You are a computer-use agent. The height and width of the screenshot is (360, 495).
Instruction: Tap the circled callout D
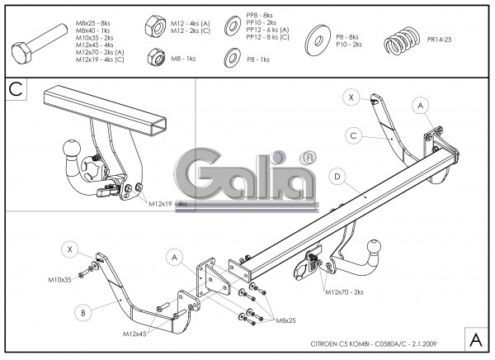tap(337, 176)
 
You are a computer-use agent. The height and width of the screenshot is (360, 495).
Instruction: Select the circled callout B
tap(83, 312)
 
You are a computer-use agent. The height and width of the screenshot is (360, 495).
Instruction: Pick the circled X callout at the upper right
tap(351, 97)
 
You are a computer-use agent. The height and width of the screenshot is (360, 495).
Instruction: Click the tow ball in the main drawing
tap(374, 246)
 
